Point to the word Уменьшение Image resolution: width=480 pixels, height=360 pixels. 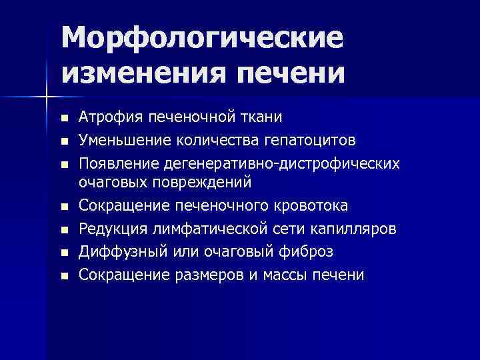click(x=119, y=140)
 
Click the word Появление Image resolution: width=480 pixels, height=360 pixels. click(x=115, y=163)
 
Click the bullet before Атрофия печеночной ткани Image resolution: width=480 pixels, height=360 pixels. click(x=64, y=119)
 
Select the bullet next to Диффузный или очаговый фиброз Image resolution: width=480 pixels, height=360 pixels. click(x=64, y=253)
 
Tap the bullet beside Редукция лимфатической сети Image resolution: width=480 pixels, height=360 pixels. click(x=64, y=230)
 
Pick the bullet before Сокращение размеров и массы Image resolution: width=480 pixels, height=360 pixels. click(x=64, y=275)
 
